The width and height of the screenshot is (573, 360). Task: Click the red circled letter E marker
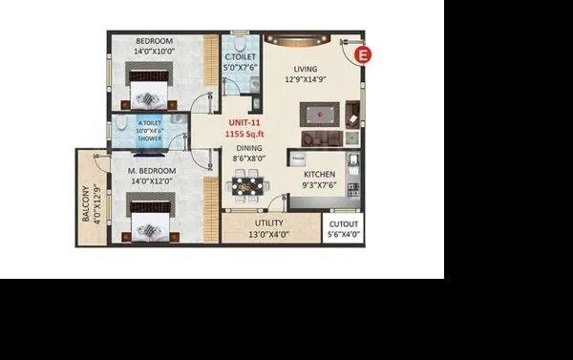point(362,55)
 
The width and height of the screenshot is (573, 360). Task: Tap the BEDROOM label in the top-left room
point(153,41)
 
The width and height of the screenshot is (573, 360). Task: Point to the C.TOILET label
point(241,58)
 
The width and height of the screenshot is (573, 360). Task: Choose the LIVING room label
point(306,68)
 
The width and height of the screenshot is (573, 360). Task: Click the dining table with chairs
point(247,184)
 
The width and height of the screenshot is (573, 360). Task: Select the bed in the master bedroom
point(150,219)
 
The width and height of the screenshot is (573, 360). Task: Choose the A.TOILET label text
point(149,123)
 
